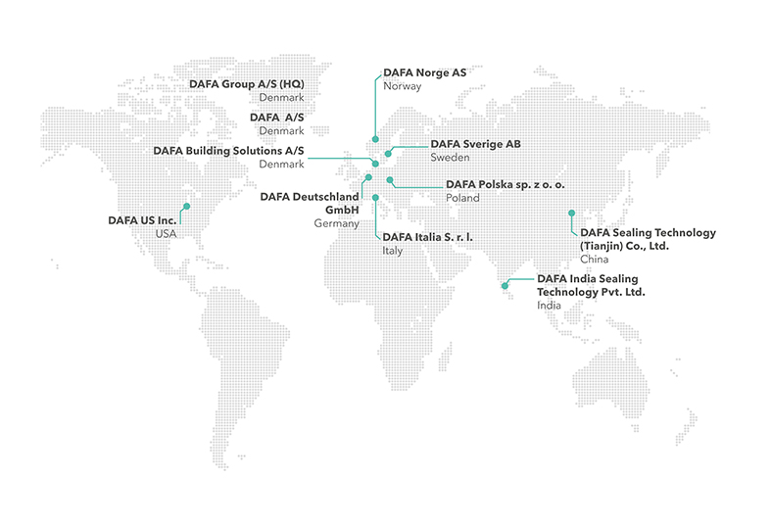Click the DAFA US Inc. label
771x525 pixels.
pos(142,220)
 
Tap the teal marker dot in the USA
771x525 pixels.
pos(188,207)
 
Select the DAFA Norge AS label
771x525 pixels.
pos(424,72)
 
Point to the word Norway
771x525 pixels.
pos(403,86)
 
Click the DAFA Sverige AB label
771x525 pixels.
pos(475,144)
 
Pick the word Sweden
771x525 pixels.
pos(450,158)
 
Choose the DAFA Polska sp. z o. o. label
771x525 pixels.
pos(506,184)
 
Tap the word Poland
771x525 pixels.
pos(462,198)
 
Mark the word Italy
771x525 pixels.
pos(392,251)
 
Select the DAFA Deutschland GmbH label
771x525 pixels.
pos(311,203)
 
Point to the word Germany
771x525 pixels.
pos(333,223)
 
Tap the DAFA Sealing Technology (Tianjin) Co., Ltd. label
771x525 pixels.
pos(648,239)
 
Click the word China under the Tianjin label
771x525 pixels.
pos(595,260)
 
